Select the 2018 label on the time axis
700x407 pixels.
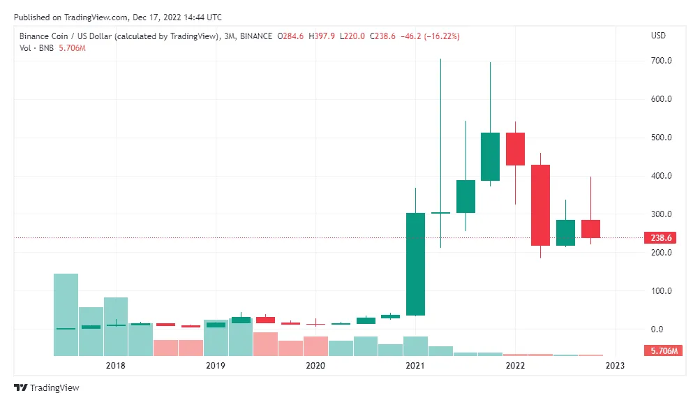click(x=115, y=366)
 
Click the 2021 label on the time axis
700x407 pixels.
click(x=415, y=366)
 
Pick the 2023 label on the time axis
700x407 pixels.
click(x=616, y=366)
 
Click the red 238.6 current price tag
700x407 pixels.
click(x=662, y=238)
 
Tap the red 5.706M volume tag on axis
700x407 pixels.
click(x=662, y=351)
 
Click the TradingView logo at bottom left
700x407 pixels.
click(x=47, y=388)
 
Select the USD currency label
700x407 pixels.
click(x=658, y=36)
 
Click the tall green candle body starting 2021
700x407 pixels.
click(x=415, y=264)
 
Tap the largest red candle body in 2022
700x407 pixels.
click(x=540, y=205)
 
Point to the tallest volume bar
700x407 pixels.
click(x=66, y=314)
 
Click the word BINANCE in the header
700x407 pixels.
click(x=255, y=36)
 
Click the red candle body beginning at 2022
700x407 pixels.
click(x=515, y=149)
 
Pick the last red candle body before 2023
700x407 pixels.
click(x=590, y=229)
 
